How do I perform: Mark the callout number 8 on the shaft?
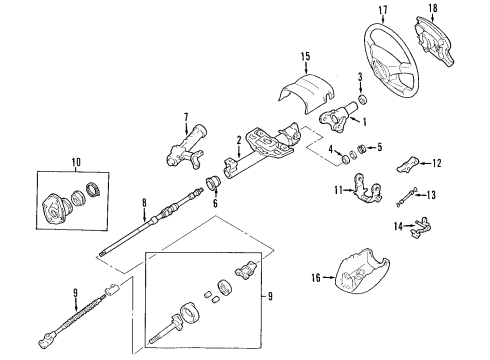click(x=144, y=205)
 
